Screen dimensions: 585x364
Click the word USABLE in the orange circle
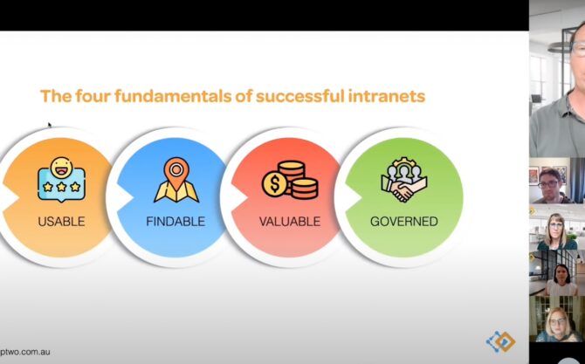pyautogui.click(x=62, y=221)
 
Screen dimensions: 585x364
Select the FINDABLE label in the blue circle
pyautogui.click(x=175, y=221)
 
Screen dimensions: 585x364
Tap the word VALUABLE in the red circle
pyautogui.click(x=290, y=221)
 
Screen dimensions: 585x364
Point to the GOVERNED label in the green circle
pyautogui.click(x=404, y=221)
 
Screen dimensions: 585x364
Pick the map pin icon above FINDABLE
pyautogui.click(x=176, y=180)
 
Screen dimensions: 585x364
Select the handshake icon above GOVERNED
pyautogui.click(x=404, y=180)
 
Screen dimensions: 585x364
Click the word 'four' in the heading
pyautogui.click(x=93, y=96)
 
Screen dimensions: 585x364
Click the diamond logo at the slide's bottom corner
pyautogui.click(x=500, y=341)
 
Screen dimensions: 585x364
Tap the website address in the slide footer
pyautogui.click(x=25, y=352)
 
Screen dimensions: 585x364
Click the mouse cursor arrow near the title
pyautogui.click(x=50, y=125)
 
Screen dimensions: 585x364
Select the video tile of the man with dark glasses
pyautogui.click(x=557, y=181)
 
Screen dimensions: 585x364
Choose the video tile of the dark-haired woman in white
pyautogui.click(x=557, y=273)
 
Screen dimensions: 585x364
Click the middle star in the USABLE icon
pyautogui.click(x=62, y=187)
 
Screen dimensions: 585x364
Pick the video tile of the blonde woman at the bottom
pyautogui.click(x=557, y=319)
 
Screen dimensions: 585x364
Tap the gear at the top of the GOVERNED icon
pyautogui.click(x=404, y=162)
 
